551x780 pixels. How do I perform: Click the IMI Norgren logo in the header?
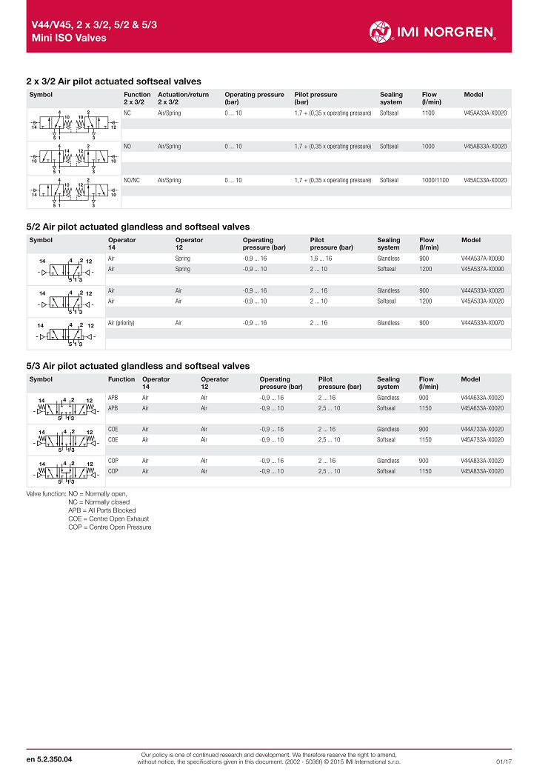click(x=433, y=31)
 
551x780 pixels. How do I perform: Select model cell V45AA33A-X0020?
click(x=485, y=113)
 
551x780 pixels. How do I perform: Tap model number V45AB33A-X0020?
click(x=485, y=147)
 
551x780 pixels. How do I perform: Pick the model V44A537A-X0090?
click(x=482, y=259)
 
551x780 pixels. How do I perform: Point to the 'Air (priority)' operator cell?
click(x=121, y=323)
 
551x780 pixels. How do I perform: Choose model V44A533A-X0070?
click(x=482, y=323)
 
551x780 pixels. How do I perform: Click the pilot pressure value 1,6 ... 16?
click(x=321, y=259)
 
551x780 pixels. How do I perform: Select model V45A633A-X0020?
click(x=482, y=408)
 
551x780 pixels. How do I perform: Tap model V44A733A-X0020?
click(x=482, y=429)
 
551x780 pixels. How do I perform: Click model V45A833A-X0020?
click(x=482, y=471)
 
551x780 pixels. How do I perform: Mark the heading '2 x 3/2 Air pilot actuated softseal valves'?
click(x=113, y=81)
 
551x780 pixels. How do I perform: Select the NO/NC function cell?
click(x=132, y=180)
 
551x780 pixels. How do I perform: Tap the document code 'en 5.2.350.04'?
click(x=50, y=760)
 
